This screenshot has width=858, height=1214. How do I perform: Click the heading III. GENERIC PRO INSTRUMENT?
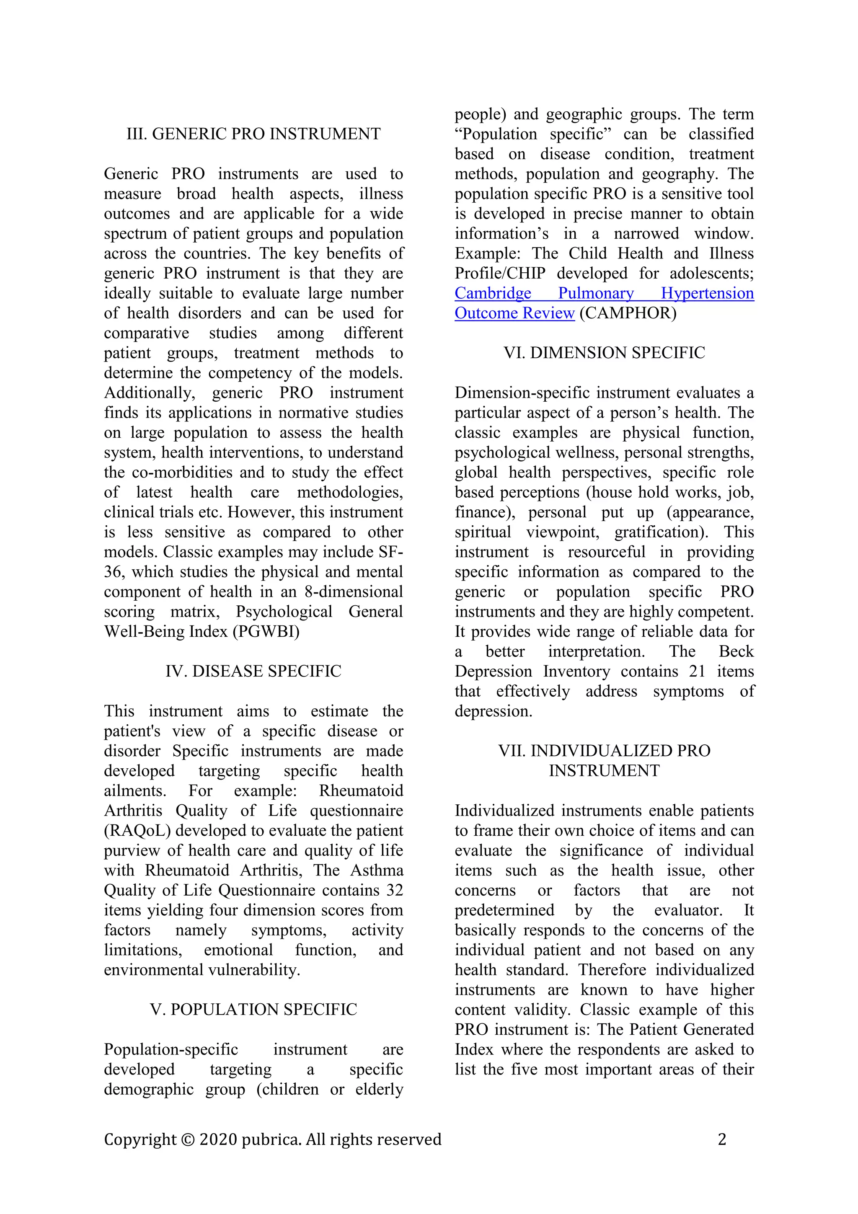[253, 134]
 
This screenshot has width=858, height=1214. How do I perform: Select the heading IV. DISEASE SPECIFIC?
[253, 671]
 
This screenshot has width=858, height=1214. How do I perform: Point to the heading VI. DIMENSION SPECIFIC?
[604, 353]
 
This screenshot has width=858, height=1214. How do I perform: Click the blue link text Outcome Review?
[514, 313]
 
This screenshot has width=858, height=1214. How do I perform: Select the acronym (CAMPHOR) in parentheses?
[628, 313]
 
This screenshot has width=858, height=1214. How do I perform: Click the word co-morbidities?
[183, 472]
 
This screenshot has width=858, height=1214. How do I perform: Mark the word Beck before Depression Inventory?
[736, 651]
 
